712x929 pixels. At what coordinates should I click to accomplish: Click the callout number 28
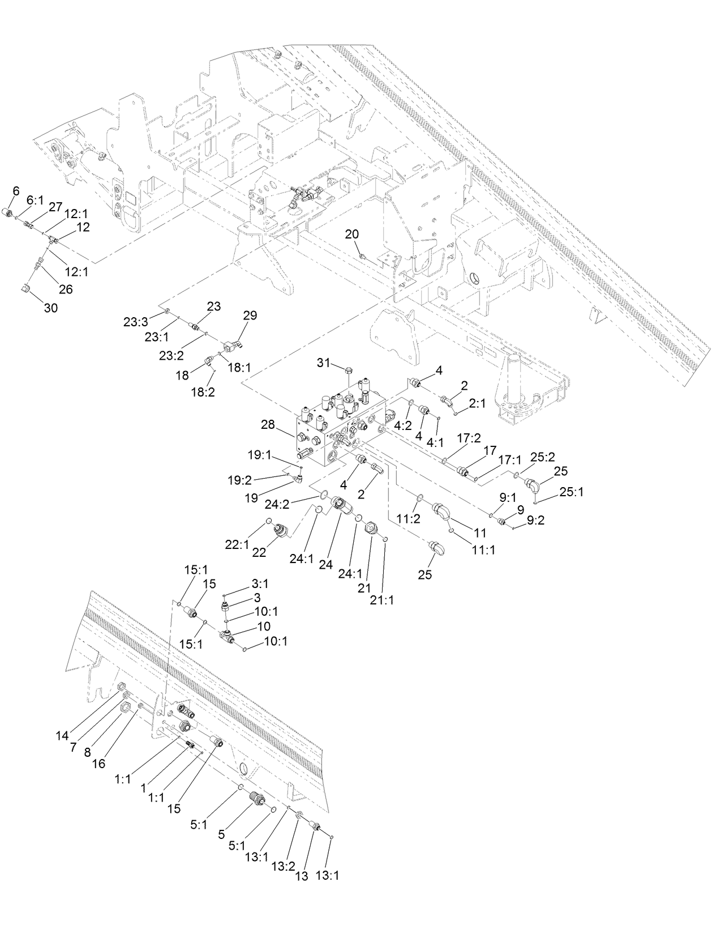[268, 424]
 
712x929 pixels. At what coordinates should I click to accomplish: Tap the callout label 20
[351, 234]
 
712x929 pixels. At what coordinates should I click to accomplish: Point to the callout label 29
[250, 316]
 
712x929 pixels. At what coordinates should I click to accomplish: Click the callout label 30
[52, 308]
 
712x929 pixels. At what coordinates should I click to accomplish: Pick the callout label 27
[55, 207]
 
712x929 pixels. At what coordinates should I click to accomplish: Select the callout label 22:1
[237, 544]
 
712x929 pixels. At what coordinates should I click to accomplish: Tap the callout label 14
[62, 736]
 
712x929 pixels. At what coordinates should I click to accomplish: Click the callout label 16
[98, 764]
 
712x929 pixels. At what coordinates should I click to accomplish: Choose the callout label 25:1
[571, 492]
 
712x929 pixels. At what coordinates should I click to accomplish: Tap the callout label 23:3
[135, 322]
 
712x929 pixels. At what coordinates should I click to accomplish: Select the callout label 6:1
[35, 201]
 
